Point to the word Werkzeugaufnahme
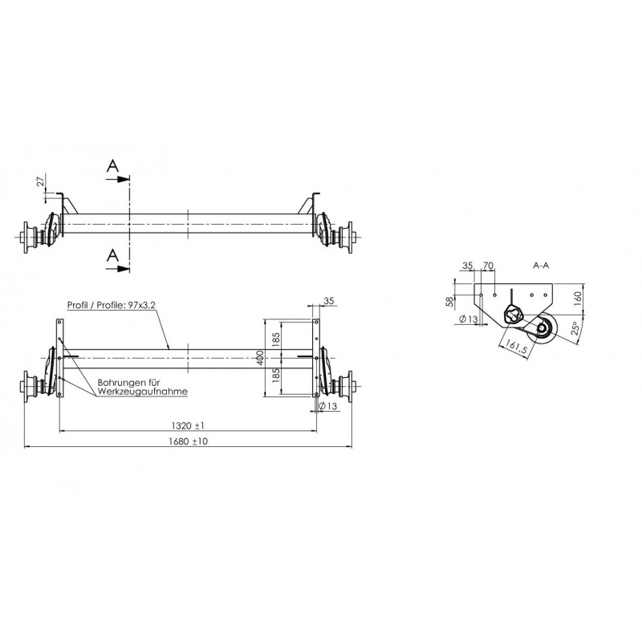142,392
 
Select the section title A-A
542,265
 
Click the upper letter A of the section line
114,166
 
